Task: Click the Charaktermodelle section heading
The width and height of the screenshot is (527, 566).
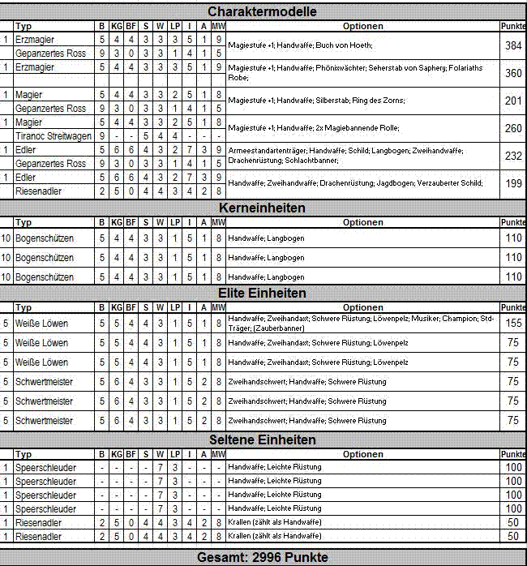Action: [x=262, y=11]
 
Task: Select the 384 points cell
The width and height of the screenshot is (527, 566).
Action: [x=512, y=46]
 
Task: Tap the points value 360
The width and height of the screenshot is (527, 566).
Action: [x=512, y=73]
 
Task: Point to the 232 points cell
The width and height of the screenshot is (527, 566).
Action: [x=512, y=157]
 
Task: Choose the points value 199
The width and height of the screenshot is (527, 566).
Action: [x=512, y=184]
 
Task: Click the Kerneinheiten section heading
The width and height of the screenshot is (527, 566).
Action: [x=262, y=208]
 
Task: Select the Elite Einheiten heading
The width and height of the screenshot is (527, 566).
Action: [x=262, y=293]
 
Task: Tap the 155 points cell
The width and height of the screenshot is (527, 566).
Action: [x=512, y=323]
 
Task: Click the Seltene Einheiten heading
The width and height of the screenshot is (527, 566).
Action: [x=262, y=440]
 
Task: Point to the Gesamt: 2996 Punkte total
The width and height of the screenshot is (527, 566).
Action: [x=262, y=557]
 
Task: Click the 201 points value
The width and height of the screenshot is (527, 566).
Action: [x=512, y=101]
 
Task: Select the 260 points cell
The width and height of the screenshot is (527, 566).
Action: [x=512, y=128]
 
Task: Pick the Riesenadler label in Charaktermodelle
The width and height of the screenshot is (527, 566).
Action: [x=40, y=191]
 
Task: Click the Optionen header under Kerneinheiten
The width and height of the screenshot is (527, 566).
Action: [x=362, y=222]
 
